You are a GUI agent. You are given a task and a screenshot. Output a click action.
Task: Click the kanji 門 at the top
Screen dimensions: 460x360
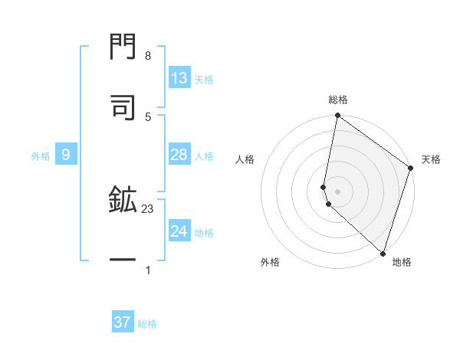(123, 47)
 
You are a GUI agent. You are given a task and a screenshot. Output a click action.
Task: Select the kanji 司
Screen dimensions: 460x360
(123, 106)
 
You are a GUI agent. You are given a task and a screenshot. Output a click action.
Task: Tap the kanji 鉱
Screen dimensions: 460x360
(123, 201)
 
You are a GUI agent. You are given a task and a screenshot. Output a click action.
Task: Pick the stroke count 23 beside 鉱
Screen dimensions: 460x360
(148, 208)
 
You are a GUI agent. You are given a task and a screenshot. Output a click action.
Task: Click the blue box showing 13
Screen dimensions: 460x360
(179, 78)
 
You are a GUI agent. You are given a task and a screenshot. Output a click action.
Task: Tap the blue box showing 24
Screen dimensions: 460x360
(179, 231)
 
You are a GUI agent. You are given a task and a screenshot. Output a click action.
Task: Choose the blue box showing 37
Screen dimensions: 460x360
(123, 322)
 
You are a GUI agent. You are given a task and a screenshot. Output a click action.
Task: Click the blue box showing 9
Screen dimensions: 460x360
(66, 155)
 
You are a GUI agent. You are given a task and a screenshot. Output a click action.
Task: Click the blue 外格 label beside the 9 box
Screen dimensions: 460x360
(41, 156)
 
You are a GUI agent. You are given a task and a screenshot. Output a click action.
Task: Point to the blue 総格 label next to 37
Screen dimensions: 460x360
(147, 324)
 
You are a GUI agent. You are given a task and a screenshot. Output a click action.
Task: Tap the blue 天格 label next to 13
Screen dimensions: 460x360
(204, 80)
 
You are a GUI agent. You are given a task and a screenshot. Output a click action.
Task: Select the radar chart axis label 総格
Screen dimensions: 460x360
(338, 100)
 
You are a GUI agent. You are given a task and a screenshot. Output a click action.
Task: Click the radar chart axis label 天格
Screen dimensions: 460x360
(432, 160)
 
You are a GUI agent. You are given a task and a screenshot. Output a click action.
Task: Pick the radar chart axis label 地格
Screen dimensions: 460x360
(402, 262)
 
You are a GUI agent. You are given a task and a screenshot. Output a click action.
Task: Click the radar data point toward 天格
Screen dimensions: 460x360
(411, 169)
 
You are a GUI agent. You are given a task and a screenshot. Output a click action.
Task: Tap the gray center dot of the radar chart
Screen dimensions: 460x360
(338, 191)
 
